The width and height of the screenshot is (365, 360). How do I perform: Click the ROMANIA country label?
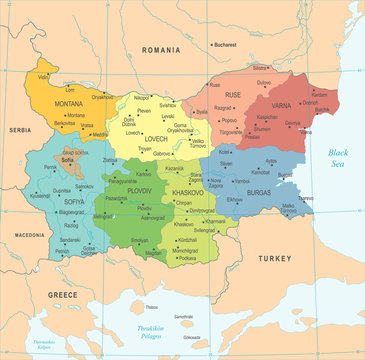tap(160, 49)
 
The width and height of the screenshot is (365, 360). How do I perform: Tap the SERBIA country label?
tap(19, 130)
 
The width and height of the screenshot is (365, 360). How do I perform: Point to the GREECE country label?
tap(63, 295)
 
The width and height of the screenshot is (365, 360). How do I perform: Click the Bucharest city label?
tap(225, 44)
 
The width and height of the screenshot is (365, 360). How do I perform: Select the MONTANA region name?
tap(68, 104)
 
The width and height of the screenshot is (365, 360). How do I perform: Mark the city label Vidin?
tap(43, 76)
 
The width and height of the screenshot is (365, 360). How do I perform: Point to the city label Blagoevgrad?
tap(71, 212)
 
